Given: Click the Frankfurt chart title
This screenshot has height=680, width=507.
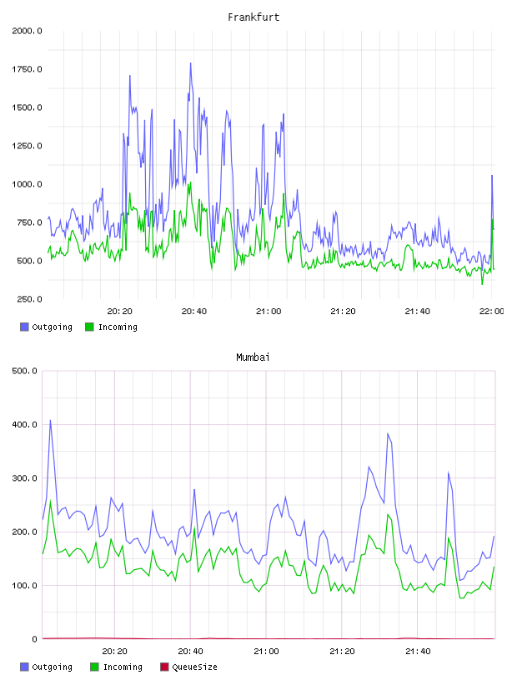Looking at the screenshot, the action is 254,17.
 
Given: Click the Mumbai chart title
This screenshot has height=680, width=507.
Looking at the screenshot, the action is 253,357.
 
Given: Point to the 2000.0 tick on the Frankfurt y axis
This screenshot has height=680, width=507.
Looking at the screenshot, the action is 27,31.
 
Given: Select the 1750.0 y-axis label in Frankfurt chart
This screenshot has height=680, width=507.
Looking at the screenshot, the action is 27,69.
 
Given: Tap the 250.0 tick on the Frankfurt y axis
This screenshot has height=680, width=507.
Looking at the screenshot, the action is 29,299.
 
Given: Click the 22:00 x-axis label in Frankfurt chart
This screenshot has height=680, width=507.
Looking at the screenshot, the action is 491,312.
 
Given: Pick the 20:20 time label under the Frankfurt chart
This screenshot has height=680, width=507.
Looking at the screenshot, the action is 120,312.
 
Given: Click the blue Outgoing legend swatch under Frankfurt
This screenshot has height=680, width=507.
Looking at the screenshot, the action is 24,327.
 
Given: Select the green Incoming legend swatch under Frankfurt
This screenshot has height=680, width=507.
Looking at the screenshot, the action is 89,327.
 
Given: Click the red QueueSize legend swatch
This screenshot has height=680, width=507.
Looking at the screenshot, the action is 164,667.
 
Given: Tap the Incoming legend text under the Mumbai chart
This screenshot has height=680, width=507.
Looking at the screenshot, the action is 123,667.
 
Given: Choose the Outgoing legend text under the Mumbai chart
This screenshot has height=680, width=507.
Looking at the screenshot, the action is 52,667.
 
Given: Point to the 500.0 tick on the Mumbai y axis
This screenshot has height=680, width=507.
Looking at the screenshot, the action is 25,371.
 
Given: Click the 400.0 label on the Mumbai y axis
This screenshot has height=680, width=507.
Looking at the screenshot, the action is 25,425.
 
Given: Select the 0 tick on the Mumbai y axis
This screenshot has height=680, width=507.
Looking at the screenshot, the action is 35,639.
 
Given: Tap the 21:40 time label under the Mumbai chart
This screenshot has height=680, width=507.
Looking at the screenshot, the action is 418,652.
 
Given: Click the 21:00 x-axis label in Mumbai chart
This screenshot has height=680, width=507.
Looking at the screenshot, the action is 267,652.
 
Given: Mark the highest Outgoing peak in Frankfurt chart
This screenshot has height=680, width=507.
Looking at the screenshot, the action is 190,63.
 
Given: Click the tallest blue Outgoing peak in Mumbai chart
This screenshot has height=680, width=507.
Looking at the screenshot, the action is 50,420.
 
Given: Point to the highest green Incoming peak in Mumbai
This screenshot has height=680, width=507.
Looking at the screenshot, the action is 50,501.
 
